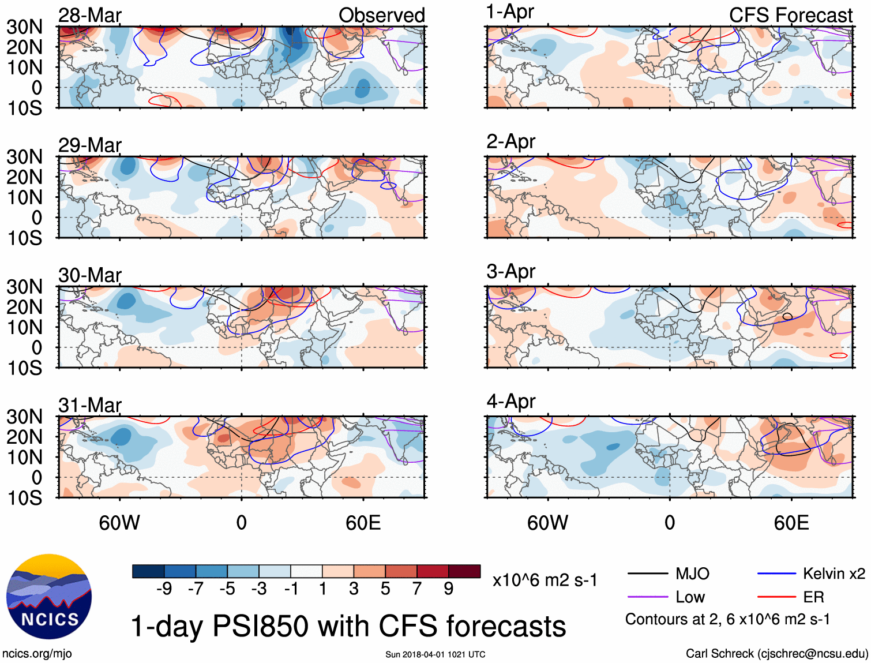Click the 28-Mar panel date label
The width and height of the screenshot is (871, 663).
coord(90,15)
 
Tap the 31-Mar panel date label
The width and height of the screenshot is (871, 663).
coord(90,405)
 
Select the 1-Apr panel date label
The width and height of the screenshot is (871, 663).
coord(510,12)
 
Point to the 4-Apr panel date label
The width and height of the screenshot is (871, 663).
coord(511,401)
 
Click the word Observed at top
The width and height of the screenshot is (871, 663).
coord(381,15)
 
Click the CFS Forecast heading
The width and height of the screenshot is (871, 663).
coord(790,15)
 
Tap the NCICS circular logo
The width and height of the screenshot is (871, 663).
coord(49,597)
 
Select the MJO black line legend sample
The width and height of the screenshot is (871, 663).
coord(647,574)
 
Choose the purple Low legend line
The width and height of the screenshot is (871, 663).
coord(647,597)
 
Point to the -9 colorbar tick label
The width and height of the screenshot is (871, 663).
coord(164,589)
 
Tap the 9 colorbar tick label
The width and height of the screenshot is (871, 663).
coord(449,589)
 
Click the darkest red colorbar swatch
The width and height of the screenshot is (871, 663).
coord(464,571)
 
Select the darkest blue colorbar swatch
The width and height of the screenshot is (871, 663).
coord(148,571)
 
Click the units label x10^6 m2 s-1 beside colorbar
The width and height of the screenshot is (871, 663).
coord(545,580)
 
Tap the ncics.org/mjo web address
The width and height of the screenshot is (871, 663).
coord(37,653)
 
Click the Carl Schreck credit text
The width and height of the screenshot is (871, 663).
coord(776,653)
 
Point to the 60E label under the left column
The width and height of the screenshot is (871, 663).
coord(363,523)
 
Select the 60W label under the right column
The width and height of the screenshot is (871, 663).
coord(547,523)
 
